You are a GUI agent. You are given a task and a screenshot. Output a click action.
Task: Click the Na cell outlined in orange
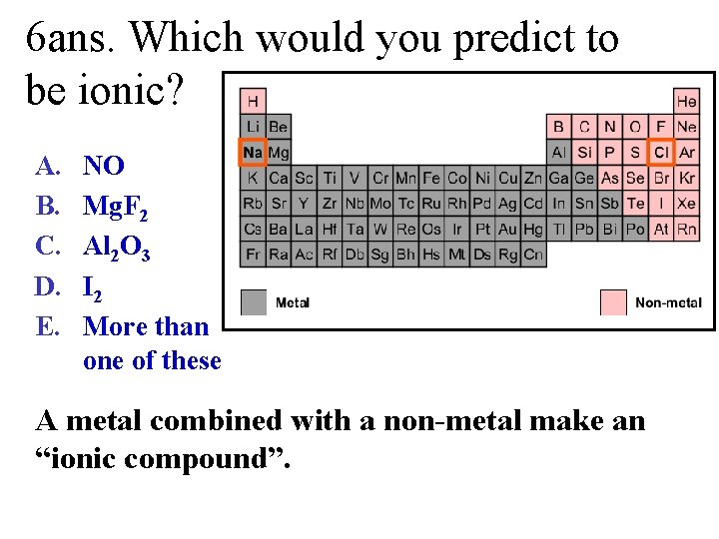(x=253, y=153)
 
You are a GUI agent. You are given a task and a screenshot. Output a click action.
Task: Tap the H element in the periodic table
(x=253, y=101)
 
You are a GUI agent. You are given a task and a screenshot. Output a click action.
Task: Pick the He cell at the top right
(x=687, y=101)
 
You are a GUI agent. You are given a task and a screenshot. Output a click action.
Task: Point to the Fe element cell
(x=431, y=178)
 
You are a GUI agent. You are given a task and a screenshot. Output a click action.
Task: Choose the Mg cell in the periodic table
(x=279, y=153)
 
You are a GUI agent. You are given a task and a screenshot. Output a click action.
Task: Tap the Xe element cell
(x=687, y=203)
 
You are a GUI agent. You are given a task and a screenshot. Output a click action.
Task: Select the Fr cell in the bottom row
(x=253, y=254)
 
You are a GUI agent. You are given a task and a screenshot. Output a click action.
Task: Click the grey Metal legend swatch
(x=255, y=301)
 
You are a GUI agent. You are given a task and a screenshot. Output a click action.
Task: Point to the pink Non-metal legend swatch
(x=614, y=301)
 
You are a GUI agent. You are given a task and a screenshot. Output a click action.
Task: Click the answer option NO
(x=104, y=166)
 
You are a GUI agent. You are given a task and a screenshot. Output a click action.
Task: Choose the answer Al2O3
(x=117, y=248)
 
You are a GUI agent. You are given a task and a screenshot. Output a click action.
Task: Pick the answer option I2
(x=93, y=288)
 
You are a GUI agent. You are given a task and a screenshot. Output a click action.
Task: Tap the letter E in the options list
(x=44, y=326)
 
